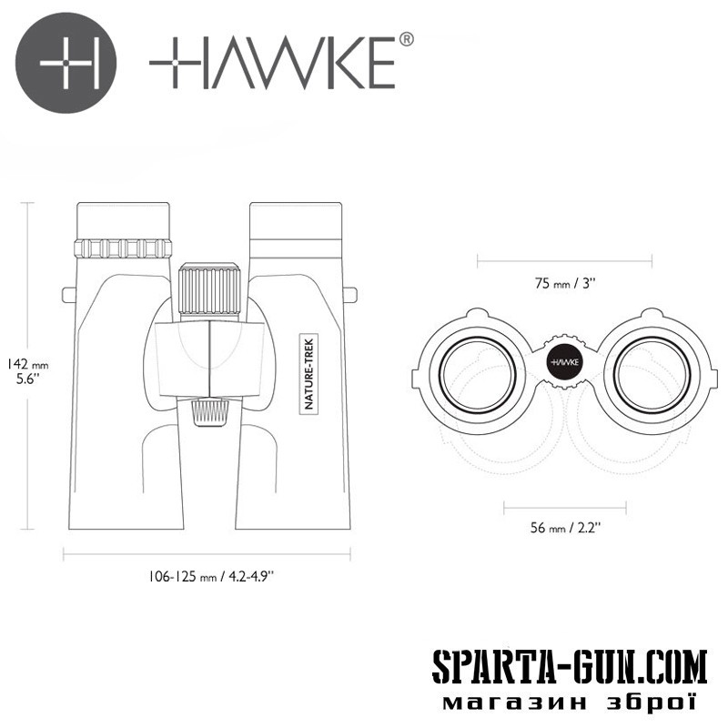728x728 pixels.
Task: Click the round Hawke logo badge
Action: click(x=66, y=63)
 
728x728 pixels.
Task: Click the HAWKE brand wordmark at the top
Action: click(x=272, y=63)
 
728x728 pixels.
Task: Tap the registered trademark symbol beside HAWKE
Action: click(x=406, y=39)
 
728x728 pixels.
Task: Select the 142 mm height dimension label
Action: click(x=28, y=371)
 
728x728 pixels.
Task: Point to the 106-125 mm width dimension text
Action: click(x=211, y=577)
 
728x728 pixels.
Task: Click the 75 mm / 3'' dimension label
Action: click(x=564, y=283)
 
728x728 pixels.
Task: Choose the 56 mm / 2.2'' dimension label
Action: click(x=565, y=528)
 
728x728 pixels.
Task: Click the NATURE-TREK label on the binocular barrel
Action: click(x=308, y=374)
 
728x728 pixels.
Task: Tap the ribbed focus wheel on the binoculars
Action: click(x=209, y=291)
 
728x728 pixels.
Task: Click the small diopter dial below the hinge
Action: click(x=211, y=413)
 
